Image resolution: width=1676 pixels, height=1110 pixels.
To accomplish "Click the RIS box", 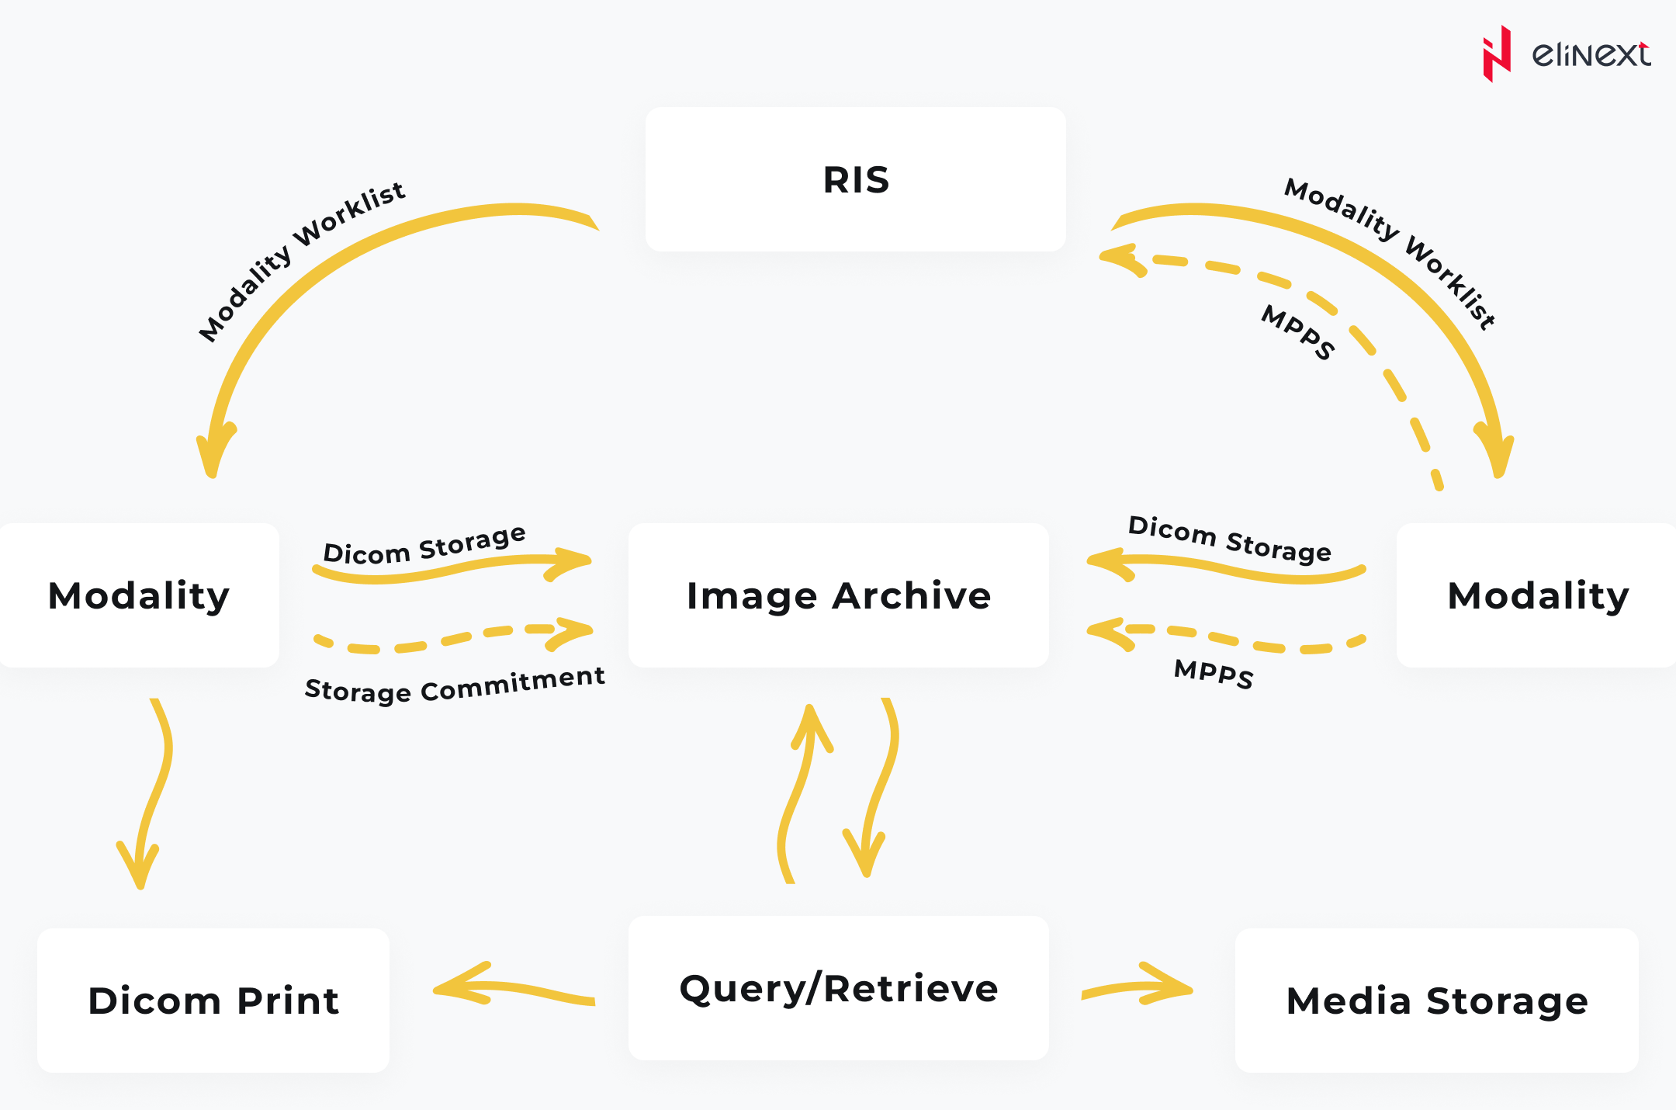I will [x=855, y=179].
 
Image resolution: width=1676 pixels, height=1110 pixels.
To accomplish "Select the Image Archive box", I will [x=838, y=595].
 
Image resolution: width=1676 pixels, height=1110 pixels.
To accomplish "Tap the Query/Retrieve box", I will [x=838, y=988].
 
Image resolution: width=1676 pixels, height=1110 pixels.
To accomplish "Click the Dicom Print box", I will [x=213, y=1001].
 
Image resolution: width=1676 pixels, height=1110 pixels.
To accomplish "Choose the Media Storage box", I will [x=1436, y=1001].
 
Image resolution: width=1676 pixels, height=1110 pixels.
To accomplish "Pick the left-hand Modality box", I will [x=139, y=595].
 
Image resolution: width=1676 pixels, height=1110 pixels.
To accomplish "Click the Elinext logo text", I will [x=1591, y=54].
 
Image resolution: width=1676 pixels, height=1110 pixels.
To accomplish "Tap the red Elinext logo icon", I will [x=1497, y=54].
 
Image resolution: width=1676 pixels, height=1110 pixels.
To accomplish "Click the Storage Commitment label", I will [x=455, y=685].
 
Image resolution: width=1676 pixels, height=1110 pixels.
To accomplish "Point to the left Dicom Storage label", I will [x=424, y=545].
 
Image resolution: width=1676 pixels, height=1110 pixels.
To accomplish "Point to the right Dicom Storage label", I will [x=1229, y=539].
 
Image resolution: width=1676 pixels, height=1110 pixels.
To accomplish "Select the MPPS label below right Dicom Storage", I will [x=1214, y=672].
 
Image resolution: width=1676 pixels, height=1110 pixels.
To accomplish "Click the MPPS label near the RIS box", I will [x=1298, y=332].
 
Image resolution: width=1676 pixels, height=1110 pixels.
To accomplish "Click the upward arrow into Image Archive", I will [x=799, y=792].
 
